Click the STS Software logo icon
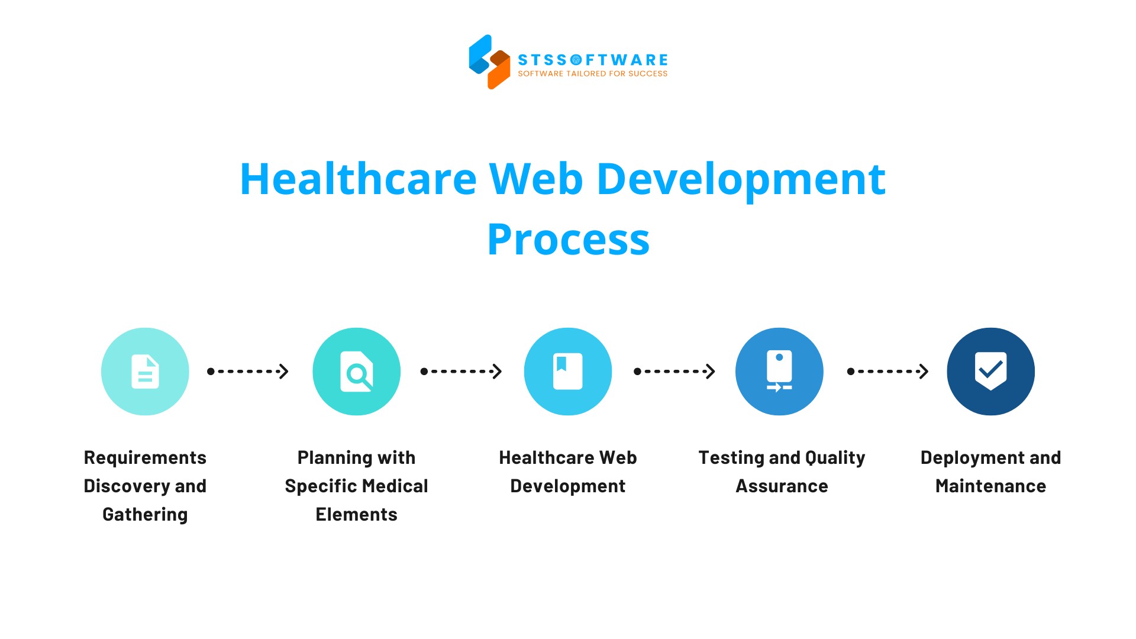point(489,62)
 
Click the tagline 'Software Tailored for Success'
point(592,74)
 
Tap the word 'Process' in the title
point(568,240)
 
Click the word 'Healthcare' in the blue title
point(358,179)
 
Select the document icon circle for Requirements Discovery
point(145,372)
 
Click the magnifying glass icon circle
point(356,372)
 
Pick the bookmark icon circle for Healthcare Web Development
point(568,372)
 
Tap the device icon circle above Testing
point(779,372)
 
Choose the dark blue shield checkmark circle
point(991,372)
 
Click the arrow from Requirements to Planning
point(248,372)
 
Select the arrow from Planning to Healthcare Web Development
point(461,372)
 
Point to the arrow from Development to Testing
point(674,372)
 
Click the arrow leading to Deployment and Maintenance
point(887,372)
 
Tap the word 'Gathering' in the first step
point(145,515)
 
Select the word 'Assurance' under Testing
point(782,486)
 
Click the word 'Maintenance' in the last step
point(991,486)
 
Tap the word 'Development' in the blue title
point(741,179)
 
